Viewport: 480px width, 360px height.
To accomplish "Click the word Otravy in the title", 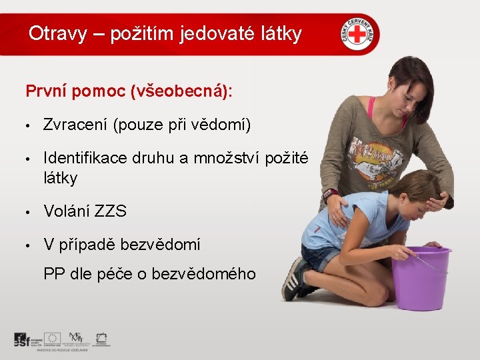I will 57,33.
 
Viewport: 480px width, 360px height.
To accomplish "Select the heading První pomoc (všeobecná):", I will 129,91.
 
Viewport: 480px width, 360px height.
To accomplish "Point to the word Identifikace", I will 83,158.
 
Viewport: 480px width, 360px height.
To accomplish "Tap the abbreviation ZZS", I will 111,212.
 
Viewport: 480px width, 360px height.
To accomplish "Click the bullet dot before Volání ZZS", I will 29,213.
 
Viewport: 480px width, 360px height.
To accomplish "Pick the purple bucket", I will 420,277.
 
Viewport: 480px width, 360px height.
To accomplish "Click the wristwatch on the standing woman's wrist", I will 329,196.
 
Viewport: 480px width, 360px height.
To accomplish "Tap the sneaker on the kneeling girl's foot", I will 294,279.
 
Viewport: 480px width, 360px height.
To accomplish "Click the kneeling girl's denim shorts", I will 320,256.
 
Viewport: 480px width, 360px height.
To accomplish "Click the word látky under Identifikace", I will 60,178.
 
